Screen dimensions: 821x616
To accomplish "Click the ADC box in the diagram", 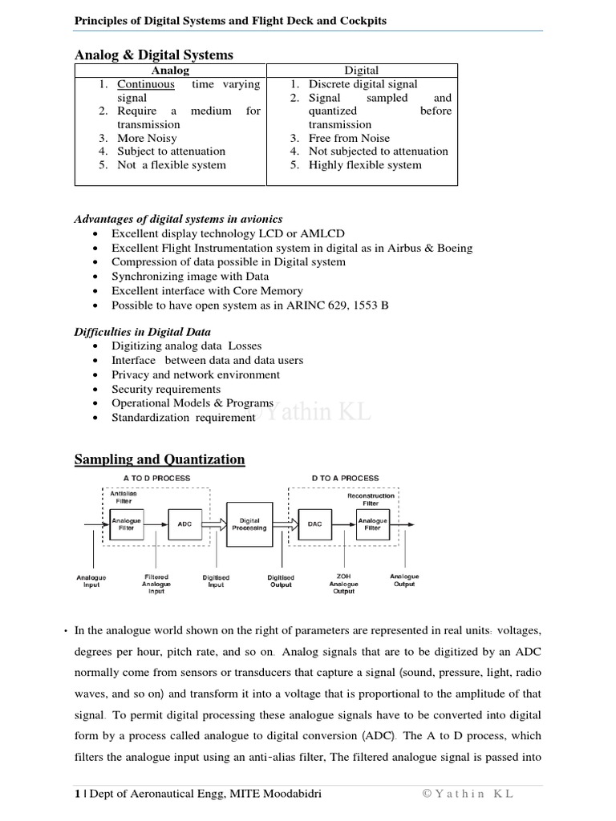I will point(184,524).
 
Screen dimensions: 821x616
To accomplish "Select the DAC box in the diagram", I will point(314,524).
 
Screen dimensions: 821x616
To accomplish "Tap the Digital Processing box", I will point(249,524).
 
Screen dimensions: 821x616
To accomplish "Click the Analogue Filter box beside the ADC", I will point(126,524).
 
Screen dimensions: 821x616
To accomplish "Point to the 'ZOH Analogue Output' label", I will point(344,584).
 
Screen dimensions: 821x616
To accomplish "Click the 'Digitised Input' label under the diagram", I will point(217,581).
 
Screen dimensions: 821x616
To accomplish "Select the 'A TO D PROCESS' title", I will point(156,478).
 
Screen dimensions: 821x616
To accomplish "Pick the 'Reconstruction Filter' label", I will point(371,499).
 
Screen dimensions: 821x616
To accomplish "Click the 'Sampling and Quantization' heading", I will point(160,459).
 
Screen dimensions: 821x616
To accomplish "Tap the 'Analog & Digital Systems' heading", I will point(154,55).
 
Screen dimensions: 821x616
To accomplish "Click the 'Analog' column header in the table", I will point(171,71).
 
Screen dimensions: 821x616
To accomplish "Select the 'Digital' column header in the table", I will point(361,71).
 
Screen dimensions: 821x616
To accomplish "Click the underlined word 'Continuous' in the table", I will point(146,84).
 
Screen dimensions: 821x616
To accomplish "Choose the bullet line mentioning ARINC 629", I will point(249,305).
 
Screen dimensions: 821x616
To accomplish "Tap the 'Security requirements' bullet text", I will point(166,389).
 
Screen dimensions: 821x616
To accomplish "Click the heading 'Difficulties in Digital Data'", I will point(143,331).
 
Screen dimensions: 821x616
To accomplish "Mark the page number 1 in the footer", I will point(77,794).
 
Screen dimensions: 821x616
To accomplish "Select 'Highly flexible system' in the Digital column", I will point(365,165).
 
